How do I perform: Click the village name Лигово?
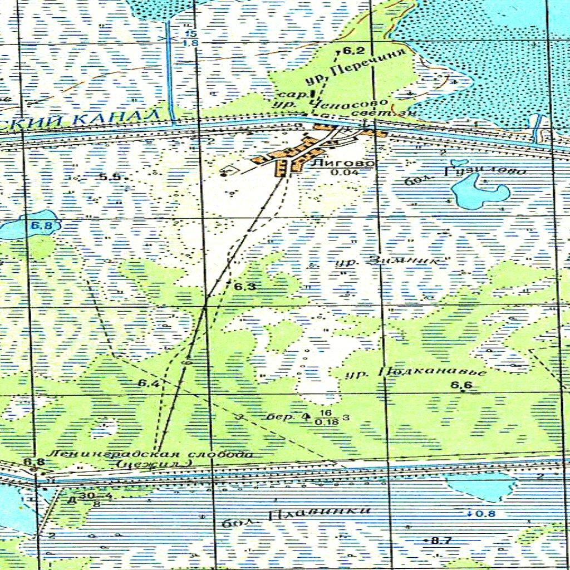[x=343, y=164]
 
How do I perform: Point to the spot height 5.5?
[x=110, y=177]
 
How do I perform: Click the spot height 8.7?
[x=441, y=540]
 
